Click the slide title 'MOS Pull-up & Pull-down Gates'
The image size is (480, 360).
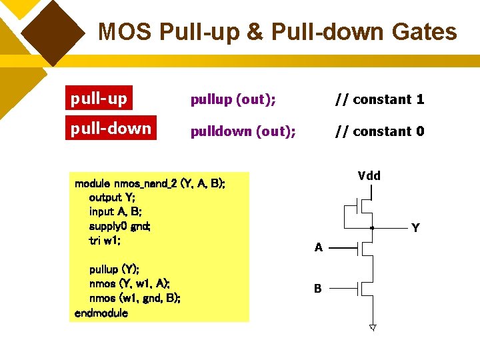pos(277,32)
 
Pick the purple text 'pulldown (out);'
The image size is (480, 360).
pos(243,131)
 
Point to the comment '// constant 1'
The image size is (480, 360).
pos(379,99)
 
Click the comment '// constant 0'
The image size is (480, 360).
pos(379,131)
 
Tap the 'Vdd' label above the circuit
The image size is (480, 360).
pos(369,176)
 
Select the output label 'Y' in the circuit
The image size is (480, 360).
pos(415,228)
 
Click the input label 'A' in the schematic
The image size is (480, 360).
pos(319,248)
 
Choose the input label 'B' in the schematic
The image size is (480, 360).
pos(318,289)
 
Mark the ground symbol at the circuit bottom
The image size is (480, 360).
pos(373,328)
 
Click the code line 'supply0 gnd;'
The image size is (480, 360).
pos(120,226)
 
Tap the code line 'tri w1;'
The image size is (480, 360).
pos(105,241)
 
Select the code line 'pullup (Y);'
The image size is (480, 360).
pos(113,269)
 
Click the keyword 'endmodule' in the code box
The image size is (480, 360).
pos(101,313)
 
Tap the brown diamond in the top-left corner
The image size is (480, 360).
pos(57,30)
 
